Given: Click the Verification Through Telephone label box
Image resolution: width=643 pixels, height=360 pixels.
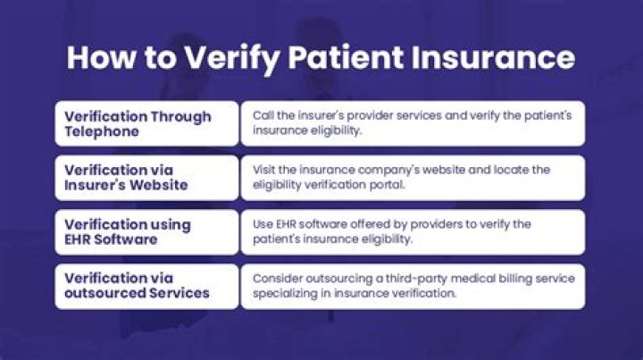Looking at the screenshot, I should (x=146, y=123).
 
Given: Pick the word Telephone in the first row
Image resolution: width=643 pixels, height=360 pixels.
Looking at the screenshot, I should (x=100, y=132).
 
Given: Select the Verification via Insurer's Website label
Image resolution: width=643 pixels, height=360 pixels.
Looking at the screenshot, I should (x=146, y=178).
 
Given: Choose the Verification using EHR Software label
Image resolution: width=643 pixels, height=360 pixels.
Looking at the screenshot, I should (x=146, y=232).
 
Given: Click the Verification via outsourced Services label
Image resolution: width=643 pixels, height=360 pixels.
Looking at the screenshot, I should (x=146, y=286).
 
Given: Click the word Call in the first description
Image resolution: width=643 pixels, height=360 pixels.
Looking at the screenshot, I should (x=263, y=116).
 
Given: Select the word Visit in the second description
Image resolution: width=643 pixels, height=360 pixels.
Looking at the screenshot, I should (x=265, y=170).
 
